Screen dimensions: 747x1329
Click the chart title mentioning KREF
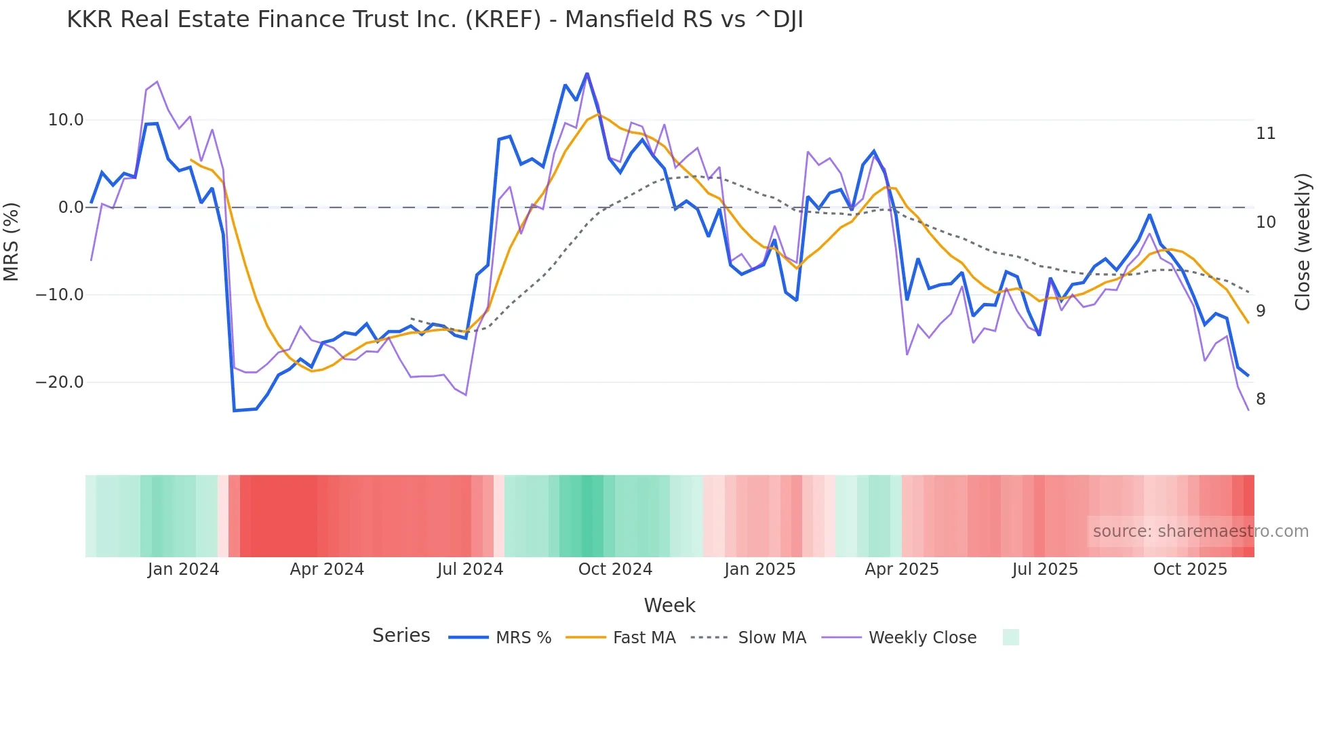tap(435, 20)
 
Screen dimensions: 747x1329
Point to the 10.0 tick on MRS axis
tap(65, 120)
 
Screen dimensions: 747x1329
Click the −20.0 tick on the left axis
tap(60, 382)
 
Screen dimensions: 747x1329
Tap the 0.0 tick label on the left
tap(71, 207)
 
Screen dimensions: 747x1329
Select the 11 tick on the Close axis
tap(1265, 134)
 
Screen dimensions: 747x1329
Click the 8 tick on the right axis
tap(1261, 399)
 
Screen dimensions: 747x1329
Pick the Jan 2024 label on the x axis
tap(183, 569)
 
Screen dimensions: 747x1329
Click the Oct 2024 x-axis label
tap(615, 569)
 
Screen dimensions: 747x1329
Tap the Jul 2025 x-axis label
tap(1045, 569)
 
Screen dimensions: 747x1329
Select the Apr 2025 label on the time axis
tap(902, 569)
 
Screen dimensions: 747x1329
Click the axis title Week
tap(669, 605)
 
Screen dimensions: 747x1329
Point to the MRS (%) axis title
tap(12, 241)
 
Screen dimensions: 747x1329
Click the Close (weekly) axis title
tap(1303, 241)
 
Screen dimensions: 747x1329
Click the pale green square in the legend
tap(1010, 637)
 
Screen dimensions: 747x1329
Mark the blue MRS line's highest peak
tap(587, 73)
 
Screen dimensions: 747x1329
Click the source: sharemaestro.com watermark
tap(1200, 531)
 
